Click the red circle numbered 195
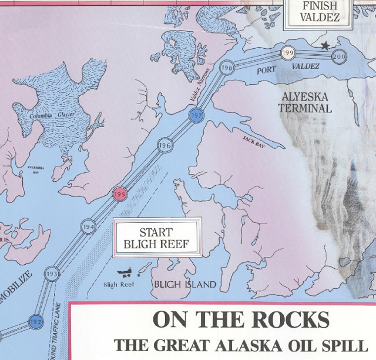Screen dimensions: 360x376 coord(120,194)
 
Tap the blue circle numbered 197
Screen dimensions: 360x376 coord(197,115)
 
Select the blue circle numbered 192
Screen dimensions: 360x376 coord(35,322)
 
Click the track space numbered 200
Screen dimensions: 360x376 coord(339,56)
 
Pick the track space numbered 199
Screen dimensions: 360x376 coord(288,54)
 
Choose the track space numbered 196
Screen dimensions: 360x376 coord(164,145)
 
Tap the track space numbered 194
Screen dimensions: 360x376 coord(89,228)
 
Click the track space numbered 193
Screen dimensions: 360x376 coord(52,275)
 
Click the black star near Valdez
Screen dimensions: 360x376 coord(324,45)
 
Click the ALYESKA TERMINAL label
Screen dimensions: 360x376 coord(305,103)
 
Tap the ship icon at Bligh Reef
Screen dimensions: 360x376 coord(125,273)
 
